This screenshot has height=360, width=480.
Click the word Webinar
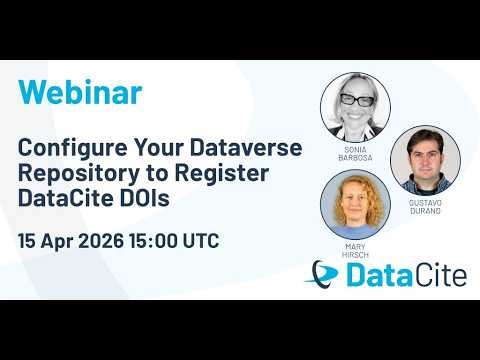(80, 92)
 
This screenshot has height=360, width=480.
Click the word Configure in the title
(70, 147)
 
